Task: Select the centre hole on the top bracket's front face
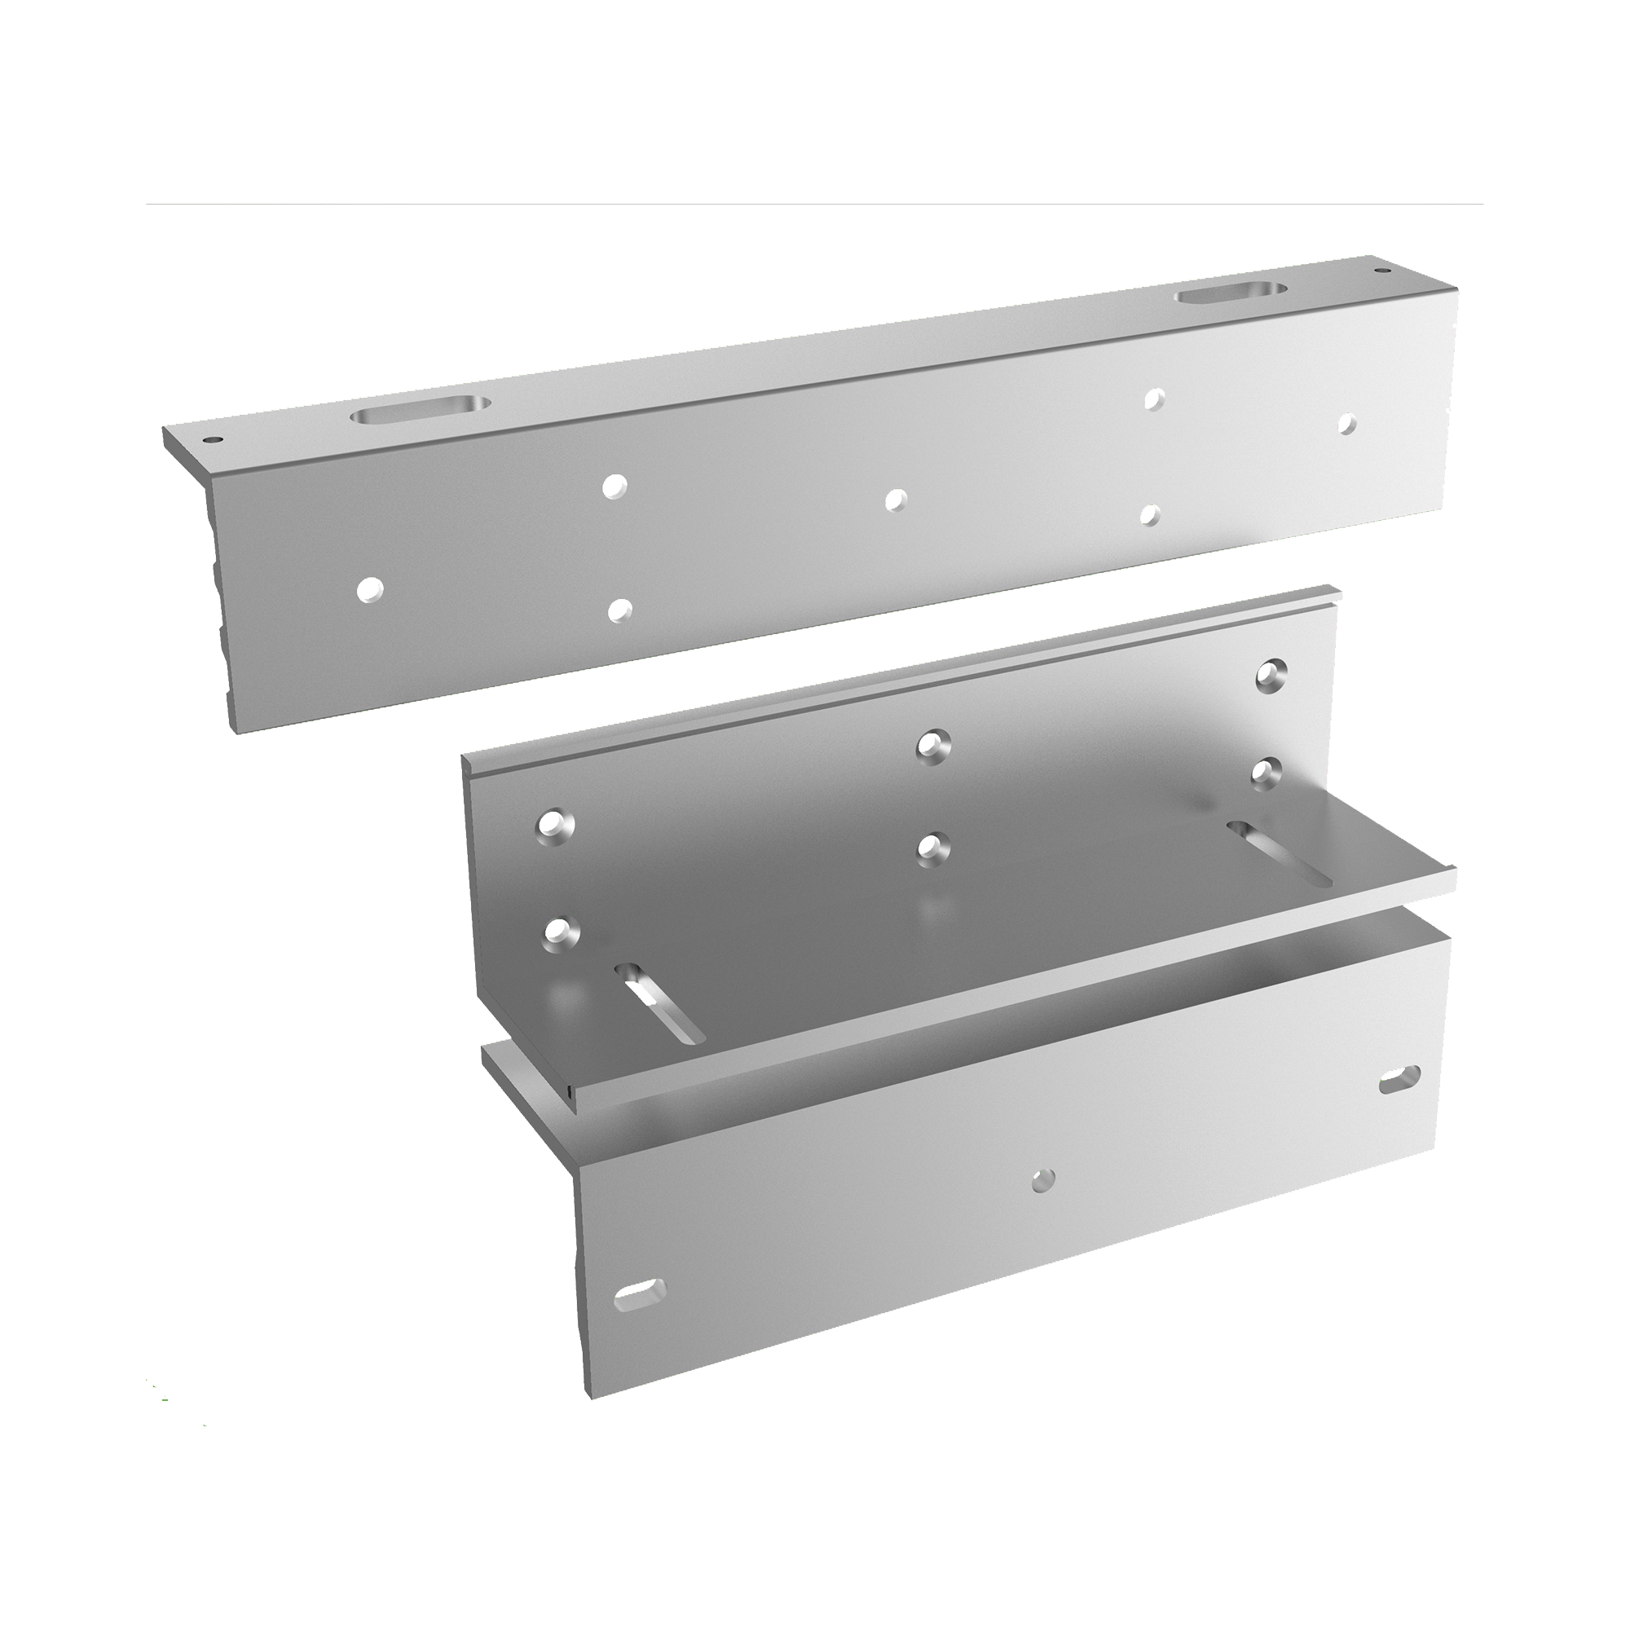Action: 894,500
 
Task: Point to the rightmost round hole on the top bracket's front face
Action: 1346,424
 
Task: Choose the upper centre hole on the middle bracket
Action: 932,746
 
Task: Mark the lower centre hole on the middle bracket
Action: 930,847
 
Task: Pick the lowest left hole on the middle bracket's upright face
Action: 557,931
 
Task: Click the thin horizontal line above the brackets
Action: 814,203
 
